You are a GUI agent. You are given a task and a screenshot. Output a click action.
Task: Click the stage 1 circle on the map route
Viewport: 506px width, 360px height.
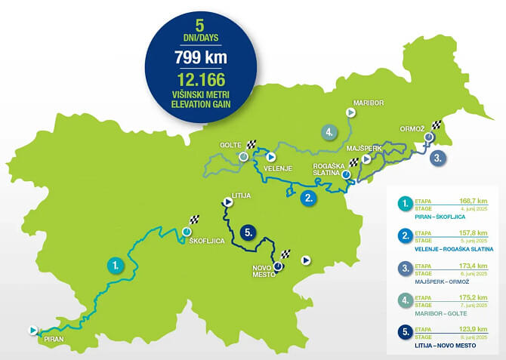[115, 265]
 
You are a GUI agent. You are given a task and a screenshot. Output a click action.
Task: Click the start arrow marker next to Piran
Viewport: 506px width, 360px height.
[32, 330]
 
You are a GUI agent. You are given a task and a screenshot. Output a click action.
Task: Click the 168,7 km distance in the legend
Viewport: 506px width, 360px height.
[477, 202]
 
